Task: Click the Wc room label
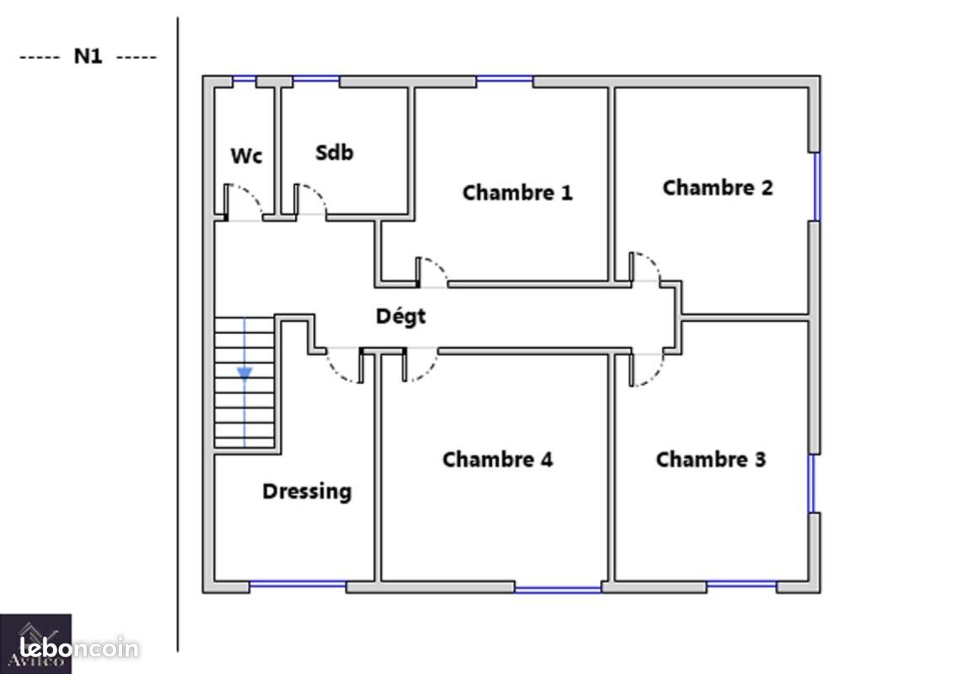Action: (246, 156)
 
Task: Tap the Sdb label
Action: (335, 152)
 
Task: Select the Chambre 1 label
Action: (517, 192)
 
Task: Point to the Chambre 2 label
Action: (717, 187)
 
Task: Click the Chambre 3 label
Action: (710, 459)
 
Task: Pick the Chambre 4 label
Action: (497, 459)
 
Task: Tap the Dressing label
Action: (308, 492)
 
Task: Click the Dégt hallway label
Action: (401, 316)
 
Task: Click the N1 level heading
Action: (88, 56)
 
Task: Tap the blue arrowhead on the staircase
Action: (244, 373)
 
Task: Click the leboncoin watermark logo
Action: (79, 648)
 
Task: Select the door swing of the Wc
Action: (243, 201)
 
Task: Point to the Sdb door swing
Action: (310, 201)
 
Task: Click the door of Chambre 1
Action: (432, 272)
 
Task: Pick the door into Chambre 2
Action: (645, 268)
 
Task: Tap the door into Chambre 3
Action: (646, 369)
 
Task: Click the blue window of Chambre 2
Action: (816, 186)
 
